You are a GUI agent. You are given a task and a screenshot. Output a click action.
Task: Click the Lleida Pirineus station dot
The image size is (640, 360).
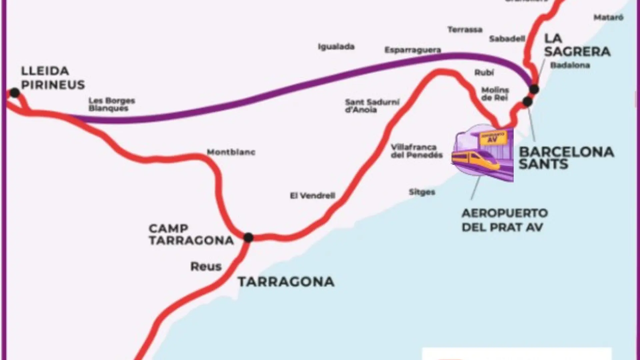[15, 92]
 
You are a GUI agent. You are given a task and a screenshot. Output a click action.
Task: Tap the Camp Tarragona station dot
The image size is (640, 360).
[248, 238]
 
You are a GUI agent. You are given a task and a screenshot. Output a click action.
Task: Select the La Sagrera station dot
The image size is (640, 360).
[534, 89]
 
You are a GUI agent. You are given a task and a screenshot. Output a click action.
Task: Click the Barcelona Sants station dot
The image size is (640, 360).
[527, 102]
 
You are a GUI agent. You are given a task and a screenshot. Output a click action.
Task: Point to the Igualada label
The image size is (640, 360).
[336, 47]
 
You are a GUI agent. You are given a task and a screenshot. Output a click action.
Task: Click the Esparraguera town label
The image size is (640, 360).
[413, 50]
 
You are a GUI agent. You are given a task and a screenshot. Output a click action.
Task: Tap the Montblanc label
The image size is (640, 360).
[231, 152]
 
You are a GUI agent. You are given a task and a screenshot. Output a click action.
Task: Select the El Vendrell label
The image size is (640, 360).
[313, 196]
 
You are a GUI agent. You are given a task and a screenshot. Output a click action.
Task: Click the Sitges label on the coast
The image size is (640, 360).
[422, 192]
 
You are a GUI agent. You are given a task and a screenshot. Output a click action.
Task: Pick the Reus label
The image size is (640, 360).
[206, 266]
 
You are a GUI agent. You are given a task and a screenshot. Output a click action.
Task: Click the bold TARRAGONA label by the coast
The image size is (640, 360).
[286, 282]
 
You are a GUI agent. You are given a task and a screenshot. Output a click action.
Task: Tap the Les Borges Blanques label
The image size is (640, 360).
[112, 104]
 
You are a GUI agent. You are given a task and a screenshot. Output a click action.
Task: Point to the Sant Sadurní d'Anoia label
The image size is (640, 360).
[372, 106]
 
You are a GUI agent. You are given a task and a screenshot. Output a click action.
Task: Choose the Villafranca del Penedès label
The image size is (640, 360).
[417, 151]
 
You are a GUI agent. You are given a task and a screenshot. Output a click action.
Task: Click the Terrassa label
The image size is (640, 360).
[465, 30]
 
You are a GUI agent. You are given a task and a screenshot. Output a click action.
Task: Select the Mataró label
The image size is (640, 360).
[608, 17]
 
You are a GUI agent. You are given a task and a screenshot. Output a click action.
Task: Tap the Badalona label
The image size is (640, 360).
[570, 65]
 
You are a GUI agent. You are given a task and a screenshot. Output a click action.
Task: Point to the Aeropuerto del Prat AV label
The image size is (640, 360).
[505, 220]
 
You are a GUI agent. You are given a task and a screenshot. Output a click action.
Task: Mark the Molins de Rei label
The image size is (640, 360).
[495, 94]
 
